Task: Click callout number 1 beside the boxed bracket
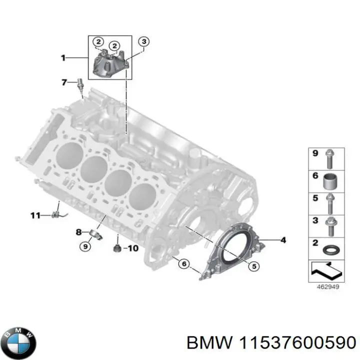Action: (63, 58)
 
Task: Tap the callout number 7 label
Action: (63, 82)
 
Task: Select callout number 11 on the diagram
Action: (34, 215)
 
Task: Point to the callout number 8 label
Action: (78, 231)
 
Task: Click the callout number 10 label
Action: (132, 248)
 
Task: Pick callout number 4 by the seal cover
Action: (283, 240)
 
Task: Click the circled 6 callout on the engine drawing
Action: (183, 263)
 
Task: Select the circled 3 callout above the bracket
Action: (143, 41)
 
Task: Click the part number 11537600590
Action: (298, 342)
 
